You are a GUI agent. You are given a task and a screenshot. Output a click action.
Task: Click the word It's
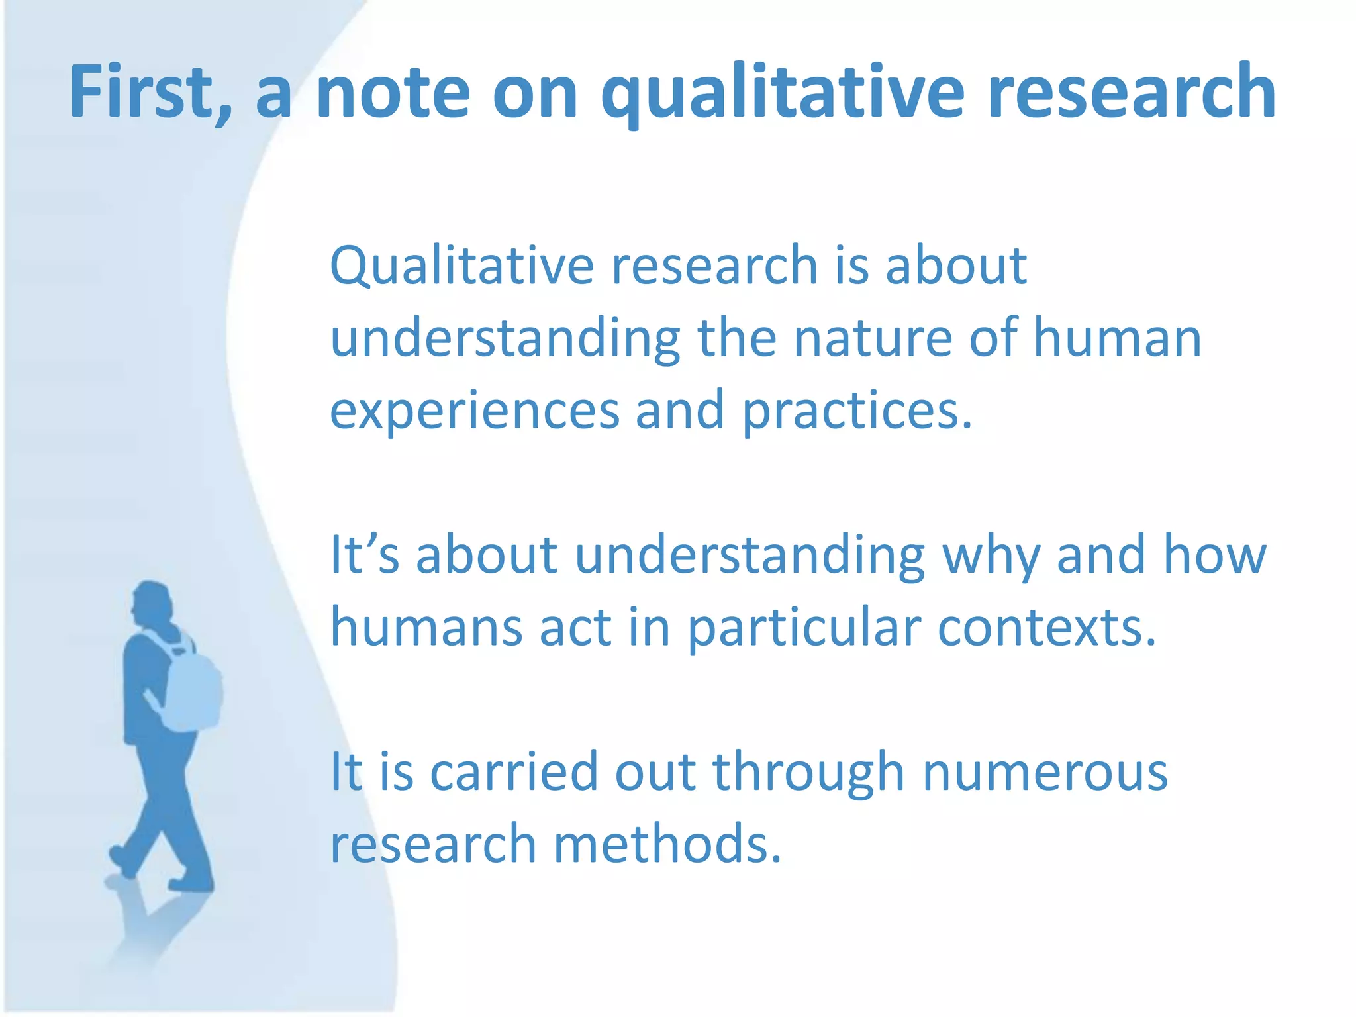pos(365,555)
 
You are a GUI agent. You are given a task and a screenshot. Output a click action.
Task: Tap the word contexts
pos(1046,627)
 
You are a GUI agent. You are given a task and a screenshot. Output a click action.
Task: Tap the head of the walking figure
pos(152,603)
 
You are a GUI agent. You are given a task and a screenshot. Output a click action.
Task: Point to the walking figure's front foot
pos(192,883)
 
